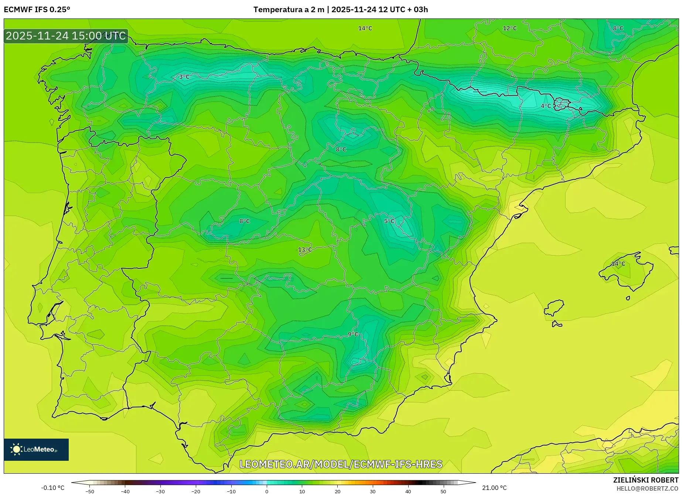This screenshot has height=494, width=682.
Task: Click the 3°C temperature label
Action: [x=184, y=77]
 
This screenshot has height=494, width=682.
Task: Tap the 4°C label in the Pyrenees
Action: [x=546, y=106]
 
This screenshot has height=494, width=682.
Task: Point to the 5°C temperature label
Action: [x=389, y=221]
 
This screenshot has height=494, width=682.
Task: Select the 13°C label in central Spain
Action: [x=305, y=250]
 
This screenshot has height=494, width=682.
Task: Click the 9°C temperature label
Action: [x=353, y=334]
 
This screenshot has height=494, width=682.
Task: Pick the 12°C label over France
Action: [x=509, y=28]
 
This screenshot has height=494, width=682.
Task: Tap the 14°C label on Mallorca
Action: [x=618, y=264]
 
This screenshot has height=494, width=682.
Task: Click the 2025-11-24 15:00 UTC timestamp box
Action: [x=66, y=36]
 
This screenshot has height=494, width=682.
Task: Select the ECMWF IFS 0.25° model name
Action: [x=37, y=10]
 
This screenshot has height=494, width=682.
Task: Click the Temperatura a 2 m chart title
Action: [x=340, y=10]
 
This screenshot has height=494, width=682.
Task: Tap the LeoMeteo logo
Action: [x=36, y=449]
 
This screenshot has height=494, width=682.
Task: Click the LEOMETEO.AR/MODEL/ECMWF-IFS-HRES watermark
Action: [x=341, y=464]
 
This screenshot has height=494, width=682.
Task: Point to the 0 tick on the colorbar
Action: [x=267, y=491]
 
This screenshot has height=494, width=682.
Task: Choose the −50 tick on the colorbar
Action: [x=90, y=491]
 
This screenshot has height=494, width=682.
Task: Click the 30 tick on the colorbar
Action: [x=372, y=491]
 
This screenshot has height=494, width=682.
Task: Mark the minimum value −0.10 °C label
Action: [x=52, y=488]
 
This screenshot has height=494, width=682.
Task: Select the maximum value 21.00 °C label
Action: [x=494, y=488]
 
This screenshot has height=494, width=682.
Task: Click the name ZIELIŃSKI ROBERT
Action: [x=645, y=480]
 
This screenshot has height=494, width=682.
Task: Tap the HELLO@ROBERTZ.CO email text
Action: [x=647, y=488]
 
